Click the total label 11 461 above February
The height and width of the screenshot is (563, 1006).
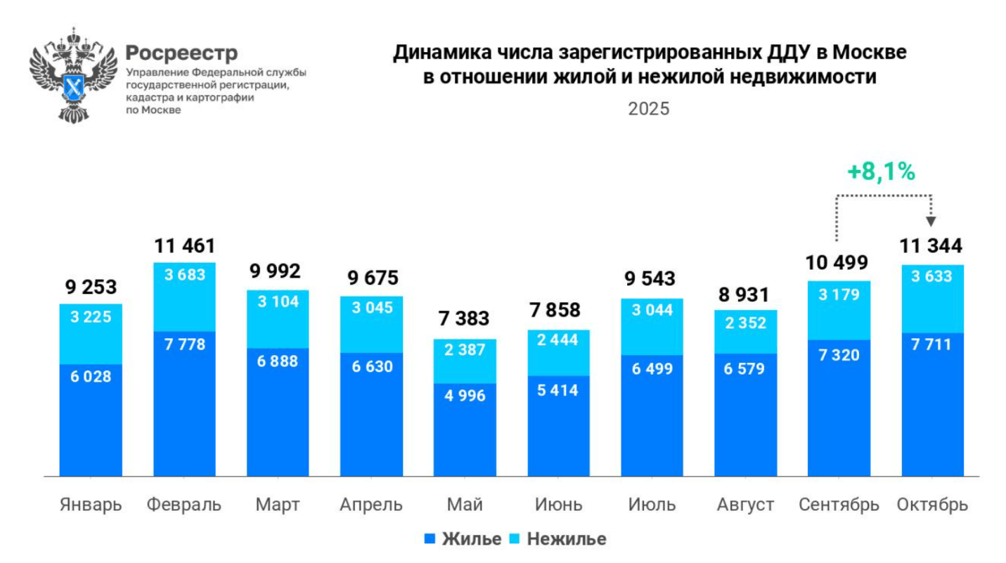[x=184, y=246]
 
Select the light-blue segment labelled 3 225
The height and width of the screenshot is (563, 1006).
[x=91, y=334]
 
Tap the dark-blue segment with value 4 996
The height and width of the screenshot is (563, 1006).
[x=465, y=429]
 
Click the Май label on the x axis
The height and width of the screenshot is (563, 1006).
[x=465, y=505]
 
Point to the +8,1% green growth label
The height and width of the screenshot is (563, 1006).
[x=880, y=172]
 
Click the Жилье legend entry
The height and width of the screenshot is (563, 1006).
[x=463, y=539]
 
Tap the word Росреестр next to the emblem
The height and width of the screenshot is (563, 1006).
[x=181, y=53]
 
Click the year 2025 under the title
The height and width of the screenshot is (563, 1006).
[x=648, y=110]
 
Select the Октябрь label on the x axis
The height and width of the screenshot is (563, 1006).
[x=932, y=505]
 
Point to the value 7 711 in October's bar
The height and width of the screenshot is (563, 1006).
[x=932, y=344]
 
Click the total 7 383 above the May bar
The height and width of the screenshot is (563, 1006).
[x=465, y=318]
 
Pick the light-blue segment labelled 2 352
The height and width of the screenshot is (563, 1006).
[x=745, y=331]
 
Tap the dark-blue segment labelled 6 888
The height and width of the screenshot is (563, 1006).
[x=278, y=412]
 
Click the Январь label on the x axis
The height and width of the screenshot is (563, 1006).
[x=91, y=505]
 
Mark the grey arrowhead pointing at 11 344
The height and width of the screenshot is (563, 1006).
[x=931, y=221]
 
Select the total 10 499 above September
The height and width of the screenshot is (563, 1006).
[x=838, y=263]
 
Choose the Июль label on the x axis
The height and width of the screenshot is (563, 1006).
[x=652, y=505]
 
